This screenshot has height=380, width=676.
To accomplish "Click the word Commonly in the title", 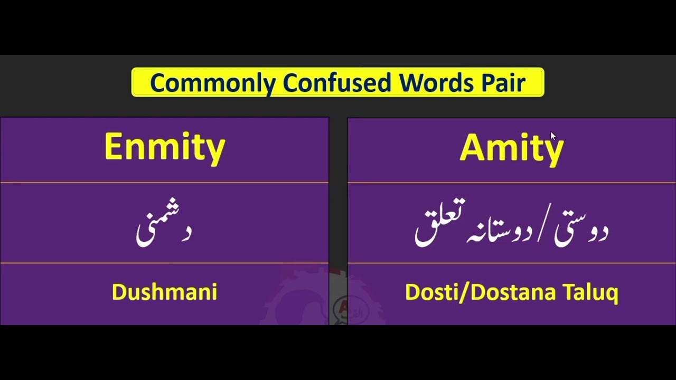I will click(x=212, y=83).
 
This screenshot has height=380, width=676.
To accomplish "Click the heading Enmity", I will click(x=165, y=147).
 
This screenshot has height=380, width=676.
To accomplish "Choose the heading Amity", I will click(x=511, y=148).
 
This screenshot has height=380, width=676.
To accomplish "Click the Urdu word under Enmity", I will click(x=164, y=228).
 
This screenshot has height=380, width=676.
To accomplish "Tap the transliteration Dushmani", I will click(x=165, y=292).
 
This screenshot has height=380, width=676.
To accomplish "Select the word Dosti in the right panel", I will click(x=433, y=292).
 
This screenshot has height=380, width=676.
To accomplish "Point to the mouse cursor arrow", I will click(x=552, y=136).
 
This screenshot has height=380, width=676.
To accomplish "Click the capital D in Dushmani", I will click(x=119, y=292).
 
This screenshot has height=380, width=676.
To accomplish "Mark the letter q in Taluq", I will click(x=612, y=294).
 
